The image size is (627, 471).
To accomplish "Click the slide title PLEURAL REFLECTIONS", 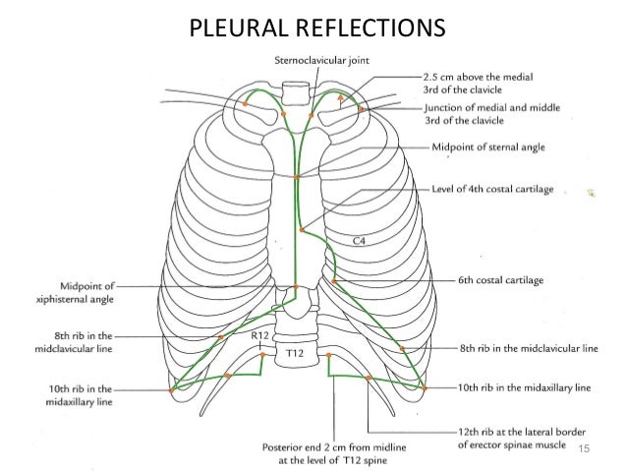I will (x=313, y=24).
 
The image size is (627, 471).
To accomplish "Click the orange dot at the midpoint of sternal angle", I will (x=297, y=177).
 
